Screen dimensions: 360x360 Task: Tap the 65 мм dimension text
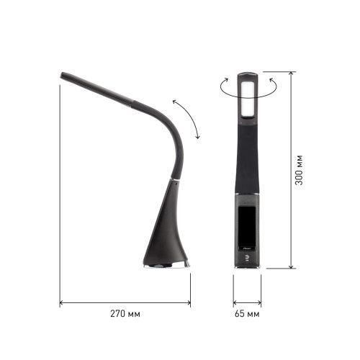[x=248, y=315]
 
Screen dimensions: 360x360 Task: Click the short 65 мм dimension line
[x=247, y=302]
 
